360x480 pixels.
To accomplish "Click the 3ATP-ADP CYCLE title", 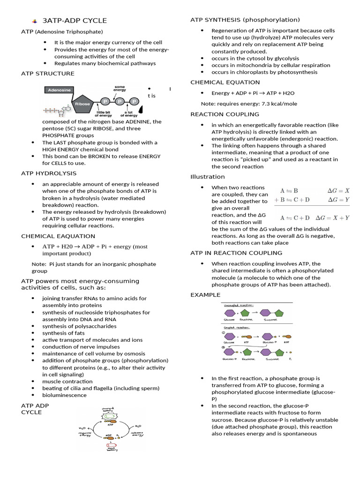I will tap(75, 21).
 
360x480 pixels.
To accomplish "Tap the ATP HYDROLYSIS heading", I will tap(49, 173).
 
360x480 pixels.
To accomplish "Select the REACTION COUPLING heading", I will tap(225, 114).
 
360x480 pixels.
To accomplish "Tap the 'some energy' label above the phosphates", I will tap(120, 88).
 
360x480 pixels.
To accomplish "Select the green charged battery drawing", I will tap(109, 416).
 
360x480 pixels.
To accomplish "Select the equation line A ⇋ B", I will tap(289, 191).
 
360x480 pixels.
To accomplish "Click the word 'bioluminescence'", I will tap(64, 395).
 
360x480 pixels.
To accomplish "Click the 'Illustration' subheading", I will tap(207, 177).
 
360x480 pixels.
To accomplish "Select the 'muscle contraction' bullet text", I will tap(67, 382).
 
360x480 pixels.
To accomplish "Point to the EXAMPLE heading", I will tap(205, 295).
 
